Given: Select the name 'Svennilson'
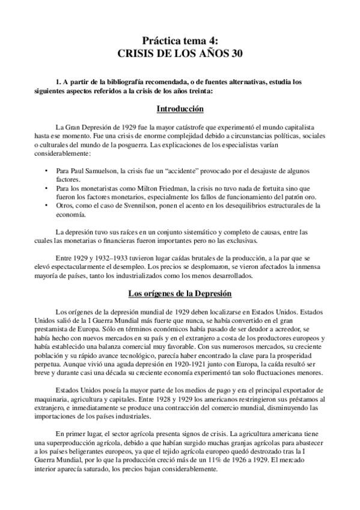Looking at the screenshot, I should (135, 206).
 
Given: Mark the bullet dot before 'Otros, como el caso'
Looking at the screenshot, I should (47, 206).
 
